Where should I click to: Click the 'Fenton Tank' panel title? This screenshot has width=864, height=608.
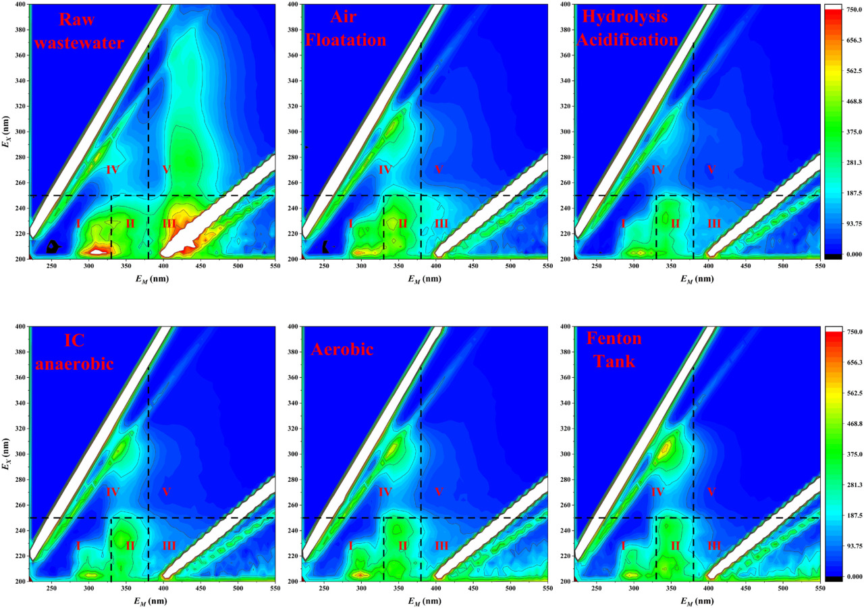click(615, 350)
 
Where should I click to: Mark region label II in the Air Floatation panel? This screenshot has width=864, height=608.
click(402, 223)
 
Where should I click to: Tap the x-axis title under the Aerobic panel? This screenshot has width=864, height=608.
click(424, 599)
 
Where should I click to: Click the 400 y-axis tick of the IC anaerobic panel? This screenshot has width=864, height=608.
click(21, 327)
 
